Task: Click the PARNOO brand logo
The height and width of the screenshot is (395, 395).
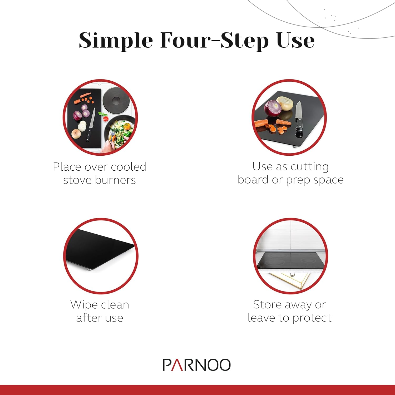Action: (x=197, y=365)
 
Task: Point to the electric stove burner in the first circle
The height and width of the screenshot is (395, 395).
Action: (x=115, y=100)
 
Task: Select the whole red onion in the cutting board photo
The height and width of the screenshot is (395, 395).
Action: (x=273, y=108)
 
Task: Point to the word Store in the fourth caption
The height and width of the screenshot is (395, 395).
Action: (x=267, y=304)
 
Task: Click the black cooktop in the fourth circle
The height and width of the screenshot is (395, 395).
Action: (x=291, y=260)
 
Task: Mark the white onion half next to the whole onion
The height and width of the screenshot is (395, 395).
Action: (x=285, y=104)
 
